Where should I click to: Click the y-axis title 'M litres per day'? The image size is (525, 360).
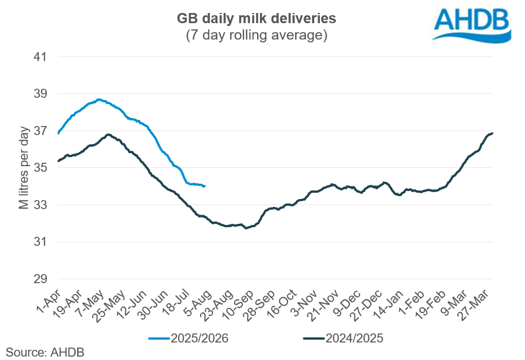(24, 168)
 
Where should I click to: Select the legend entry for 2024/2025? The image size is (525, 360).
(344, 339)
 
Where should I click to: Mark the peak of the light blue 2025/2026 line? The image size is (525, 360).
(99, 99)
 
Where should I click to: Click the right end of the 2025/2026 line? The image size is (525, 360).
(205, 186)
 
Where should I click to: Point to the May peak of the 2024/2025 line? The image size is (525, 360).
(107, 135)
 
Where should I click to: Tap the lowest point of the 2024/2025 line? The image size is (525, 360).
(246, 228)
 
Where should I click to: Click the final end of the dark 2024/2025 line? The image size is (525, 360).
(493, 133)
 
